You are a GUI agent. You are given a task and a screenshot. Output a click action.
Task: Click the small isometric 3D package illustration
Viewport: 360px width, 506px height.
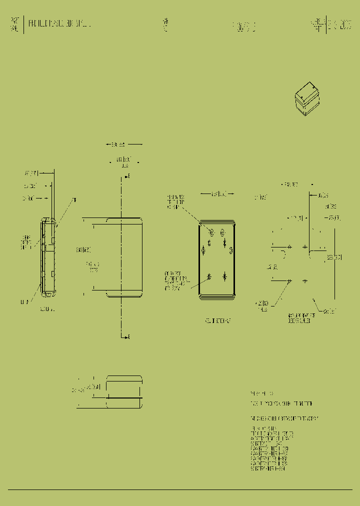coord(306,100)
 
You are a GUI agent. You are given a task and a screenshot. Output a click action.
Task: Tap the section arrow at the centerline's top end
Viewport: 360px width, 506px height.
coord(127,176)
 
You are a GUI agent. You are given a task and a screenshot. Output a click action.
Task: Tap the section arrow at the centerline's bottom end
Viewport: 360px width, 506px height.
coord(127,336)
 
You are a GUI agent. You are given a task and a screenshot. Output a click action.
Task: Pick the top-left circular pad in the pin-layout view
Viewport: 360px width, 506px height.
coord(210,232)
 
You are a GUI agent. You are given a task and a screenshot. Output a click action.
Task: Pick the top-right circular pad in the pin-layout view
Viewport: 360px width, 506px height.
coord(224,232)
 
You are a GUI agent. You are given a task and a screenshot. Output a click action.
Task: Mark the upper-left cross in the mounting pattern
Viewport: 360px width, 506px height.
coord(289,246)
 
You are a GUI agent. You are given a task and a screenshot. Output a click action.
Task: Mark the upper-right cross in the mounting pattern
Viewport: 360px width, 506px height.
coord(305,246)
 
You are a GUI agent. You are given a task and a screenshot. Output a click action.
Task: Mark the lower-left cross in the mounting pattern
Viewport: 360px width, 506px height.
coord(289,281)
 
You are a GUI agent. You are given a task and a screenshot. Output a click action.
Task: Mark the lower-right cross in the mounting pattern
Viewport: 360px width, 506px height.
coord(305,281)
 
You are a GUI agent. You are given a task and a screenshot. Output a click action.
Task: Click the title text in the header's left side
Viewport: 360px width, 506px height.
coord(60,23)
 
